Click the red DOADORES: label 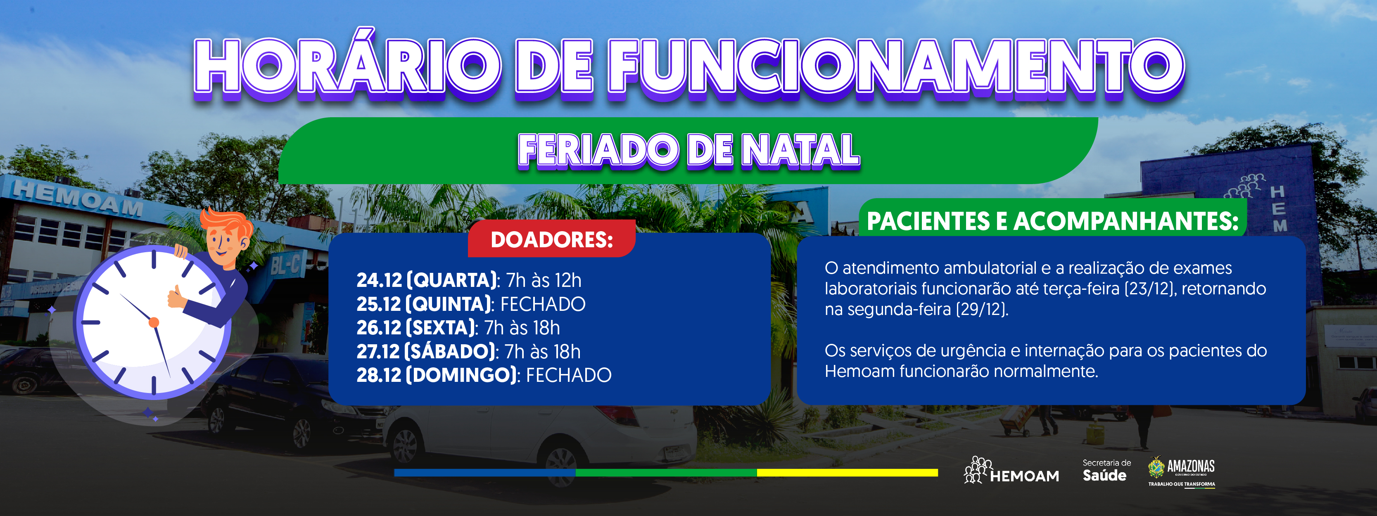click(552, 240)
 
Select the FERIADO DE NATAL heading click(688, 151)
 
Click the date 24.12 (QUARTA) click(427, 280)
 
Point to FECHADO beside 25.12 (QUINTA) click(543, 304)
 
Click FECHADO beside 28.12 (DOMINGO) click(569, 375)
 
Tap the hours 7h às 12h click(544, 280)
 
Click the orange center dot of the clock click(154, 322)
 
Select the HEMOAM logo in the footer click(1011, 471)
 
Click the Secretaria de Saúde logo click(1106, 471)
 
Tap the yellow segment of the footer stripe click(847, 473)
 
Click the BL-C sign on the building click(285, 263)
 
